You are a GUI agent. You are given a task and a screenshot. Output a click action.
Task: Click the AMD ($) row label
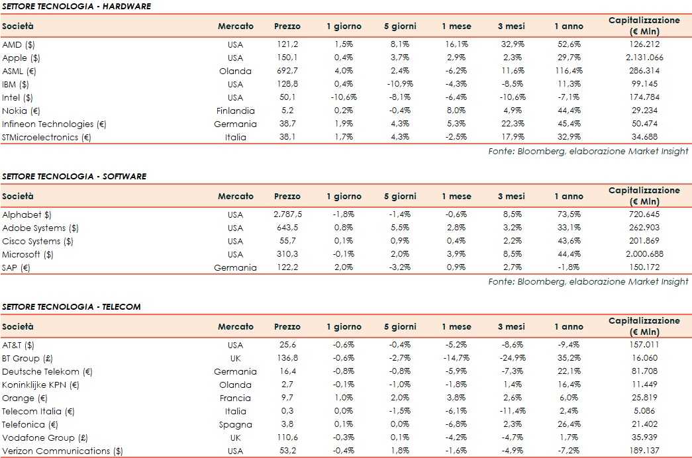[21, 44]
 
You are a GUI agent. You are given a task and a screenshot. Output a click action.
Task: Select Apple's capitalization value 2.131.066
[644, 58]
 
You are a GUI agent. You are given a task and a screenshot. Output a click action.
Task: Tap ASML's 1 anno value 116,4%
[568, 71]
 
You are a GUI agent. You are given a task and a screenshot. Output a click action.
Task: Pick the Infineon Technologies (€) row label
[54, 124]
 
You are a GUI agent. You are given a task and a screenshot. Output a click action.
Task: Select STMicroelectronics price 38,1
[287, 137]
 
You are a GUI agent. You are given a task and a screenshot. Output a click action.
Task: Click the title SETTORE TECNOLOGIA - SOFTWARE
[74, 176]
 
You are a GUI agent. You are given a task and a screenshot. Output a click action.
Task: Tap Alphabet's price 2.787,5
[287, 214]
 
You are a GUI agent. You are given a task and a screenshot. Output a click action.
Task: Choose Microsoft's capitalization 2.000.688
[644, 254]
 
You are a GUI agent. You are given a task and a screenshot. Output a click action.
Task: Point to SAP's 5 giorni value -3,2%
[400, 267]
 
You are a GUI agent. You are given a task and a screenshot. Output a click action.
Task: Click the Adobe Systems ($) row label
[40, 228]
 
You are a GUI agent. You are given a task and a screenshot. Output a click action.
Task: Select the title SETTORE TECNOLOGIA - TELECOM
[72, 306]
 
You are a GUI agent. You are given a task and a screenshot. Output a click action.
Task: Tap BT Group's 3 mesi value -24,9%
[511, 358]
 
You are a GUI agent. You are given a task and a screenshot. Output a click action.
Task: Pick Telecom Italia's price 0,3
[287, 411]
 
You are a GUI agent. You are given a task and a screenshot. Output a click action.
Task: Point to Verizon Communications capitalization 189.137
[644, 451]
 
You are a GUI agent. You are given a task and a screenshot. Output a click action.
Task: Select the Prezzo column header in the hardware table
[287, 26]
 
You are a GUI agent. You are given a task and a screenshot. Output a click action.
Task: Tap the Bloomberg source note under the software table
[588, 281]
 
